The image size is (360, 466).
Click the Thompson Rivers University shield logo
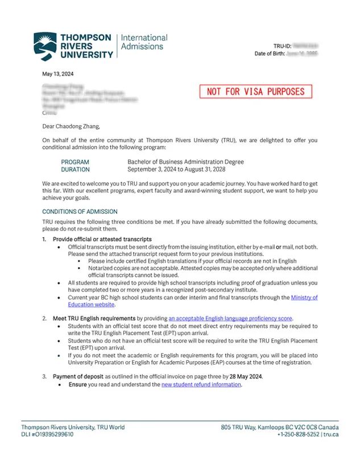tap(45, 46)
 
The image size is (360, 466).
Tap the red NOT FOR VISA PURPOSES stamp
tap(256, 92)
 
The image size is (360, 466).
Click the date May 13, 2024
tap(58, 74)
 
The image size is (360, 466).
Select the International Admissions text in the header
tap(144, 42)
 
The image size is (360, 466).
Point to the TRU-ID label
tap(283, 46)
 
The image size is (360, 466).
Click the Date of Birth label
tap(268, 53)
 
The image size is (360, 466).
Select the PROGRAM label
tap(75, 162)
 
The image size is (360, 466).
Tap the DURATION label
tap(75, 170)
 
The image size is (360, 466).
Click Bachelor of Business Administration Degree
tap(185, 162)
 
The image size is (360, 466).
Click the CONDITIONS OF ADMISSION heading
tap(80, 212)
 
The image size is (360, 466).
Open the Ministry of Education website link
tap(304, 298)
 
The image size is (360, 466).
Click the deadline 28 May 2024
tap(246, 377)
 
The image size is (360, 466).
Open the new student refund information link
tap(201, 385)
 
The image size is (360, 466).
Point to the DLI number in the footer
tap(48, 435)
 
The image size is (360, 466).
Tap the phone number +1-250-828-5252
tap(298, 435)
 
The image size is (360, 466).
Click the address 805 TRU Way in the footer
tap(239, 427)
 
